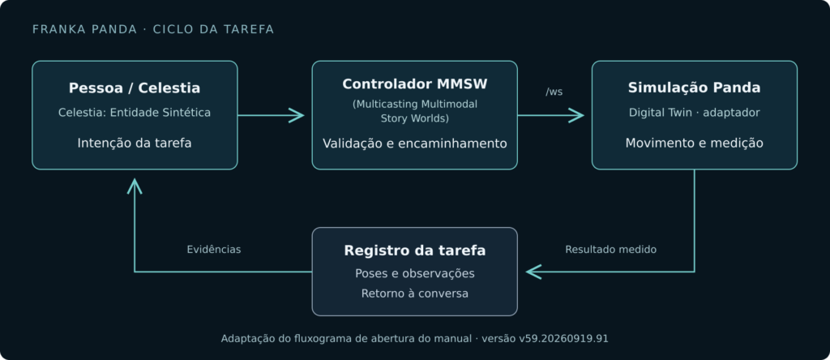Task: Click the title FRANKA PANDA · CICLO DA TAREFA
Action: [153, 30]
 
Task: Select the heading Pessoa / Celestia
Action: [135, 88]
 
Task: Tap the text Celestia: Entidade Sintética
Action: [135, 113]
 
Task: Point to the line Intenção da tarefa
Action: [135, 143]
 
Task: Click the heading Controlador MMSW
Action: [414, 84]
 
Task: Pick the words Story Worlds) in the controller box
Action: [414, 118]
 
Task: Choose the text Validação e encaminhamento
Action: [414, 144]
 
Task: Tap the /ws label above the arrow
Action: [554, 92]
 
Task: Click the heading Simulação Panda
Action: [694, 88]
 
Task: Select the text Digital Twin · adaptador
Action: [694, 113]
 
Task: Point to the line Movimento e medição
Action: [694, 143]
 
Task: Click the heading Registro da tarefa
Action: [414, 251]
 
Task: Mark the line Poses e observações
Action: [414, 274]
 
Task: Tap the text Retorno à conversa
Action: [414, 294]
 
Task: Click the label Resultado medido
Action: [611, 250]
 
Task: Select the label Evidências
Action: [214, 250]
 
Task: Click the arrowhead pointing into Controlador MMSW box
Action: [297, 115]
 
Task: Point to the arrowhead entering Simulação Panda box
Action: [577, 115]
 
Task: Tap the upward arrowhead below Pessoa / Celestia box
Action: [135, 185]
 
